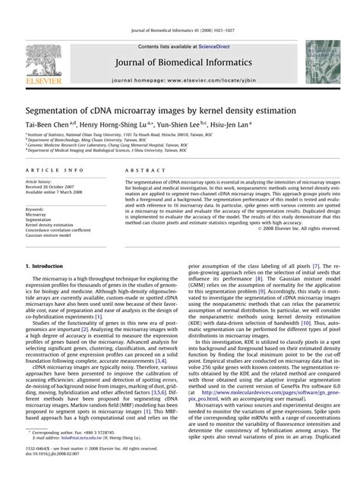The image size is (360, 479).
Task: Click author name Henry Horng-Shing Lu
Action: coord(118,122)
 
